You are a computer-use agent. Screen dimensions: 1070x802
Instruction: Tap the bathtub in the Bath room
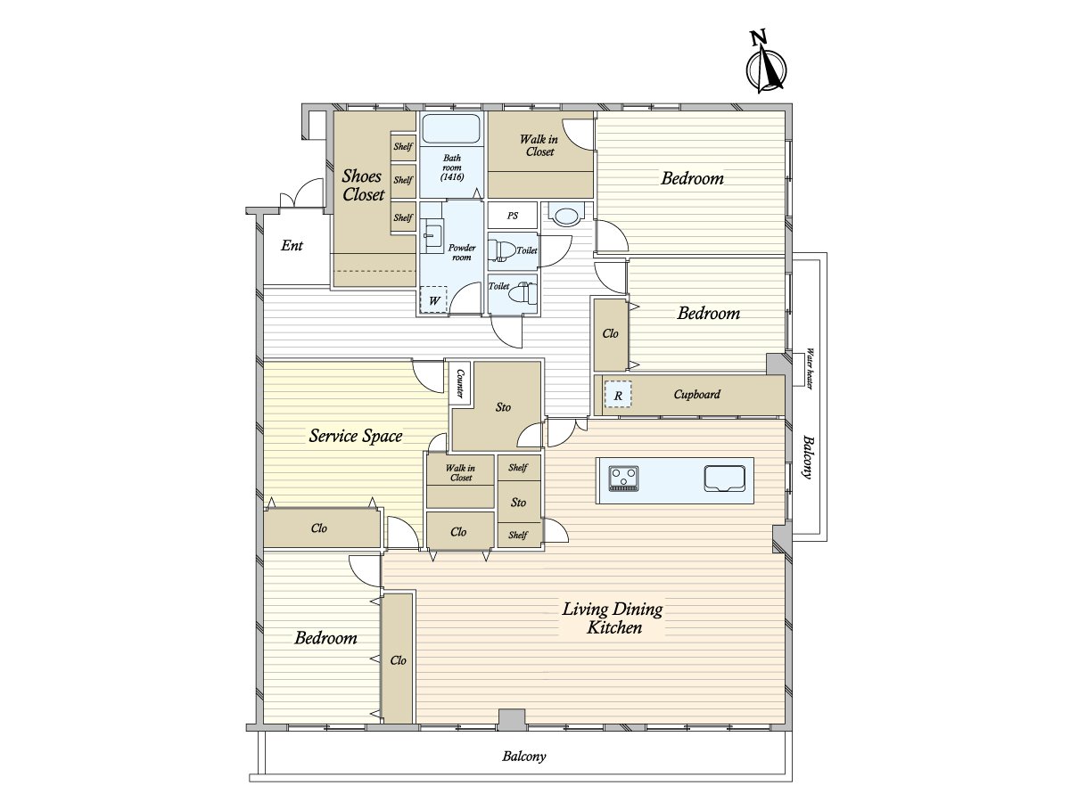pos(451,128)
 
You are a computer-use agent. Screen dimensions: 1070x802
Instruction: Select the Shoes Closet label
pos(363,185)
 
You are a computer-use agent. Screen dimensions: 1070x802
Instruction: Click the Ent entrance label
pos(292,245)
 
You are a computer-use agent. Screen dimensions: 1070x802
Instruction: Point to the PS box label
pos(513,216)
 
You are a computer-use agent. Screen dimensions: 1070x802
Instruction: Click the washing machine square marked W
pos(434,299)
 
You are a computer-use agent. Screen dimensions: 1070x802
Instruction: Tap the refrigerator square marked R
pos(618,395)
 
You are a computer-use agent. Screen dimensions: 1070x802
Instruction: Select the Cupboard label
pos(696,394)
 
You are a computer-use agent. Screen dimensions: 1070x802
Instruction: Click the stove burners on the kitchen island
pos(623,478)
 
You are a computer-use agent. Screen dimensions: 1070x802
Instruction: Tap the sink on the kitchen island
pos(724,479)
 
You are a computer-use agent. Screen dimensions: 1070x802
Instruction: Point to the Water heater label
pos(810,368)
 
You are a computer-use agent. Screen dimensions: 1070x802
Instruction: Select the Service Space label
pos(356,436)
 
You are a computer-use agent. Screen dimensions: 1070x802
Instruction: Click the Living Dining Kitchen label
pos(613,618)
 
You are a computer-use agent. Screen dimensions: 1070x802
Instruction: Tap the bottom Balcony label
pos(524,757)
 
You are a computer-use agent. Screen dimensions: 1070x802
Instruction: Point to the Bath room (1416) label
pos(452,168)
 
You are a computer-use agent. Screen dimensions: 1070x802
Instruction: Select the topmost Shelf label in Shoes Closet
pos(403,146)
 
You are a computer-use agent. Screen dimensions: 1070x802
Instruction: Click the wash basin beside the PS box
pos(566,214)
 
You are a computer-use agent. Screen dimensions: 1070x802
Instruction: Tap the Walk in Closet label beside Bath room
pos(539,145)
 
